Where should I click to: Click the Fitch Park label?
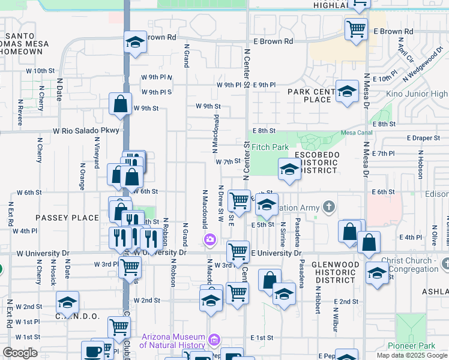click(270, 147)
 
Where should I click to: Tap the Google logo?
click(20, 353)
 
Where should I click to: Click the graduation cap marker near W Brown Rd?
click(135, 42)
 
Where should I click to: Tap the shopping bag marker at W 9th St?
click(121, 104)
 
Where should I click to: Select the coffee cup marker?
click(93, 351)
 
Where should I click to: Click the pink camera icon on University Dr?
click(209, 241)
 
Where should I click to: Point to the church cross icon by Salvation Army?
click(328, 208)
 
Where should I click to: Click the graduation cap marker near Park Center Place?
click(346, 91)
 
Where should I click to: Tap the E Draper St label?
click(423, 138)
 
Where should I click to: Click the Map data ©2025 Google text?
click(412, 355)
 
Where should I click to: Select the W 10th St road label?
click(40, 71)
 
